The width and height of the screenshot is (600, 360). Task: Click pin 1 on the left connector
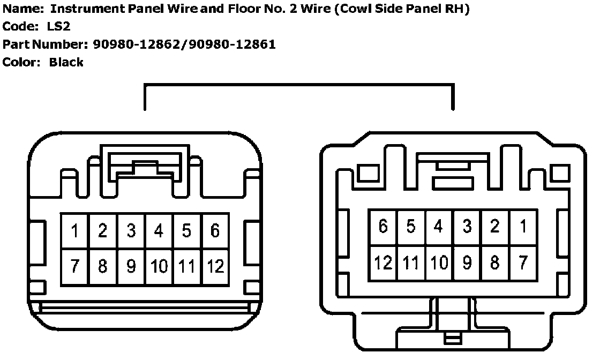tap(75, 231)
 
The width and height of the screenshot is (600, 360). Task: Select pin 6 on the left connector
tap(215, 231)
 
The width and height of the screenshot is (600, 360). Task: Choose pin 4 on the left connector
tap(159, 231)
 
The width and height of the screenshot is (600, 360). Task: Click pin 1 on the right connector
tap(523, 227)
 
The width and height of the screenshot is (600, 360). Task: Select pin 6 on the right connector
tap(382, 227)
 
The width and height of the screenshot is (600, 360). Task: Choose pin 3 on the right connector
tap(467, 227)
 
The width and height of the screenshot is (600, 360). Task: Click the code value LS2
tap(58, 26)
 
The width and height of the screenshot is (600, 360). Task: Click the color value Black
tap(66, 62)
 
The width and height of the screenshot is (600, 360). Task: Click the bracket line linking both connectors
tap(299, 84)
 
